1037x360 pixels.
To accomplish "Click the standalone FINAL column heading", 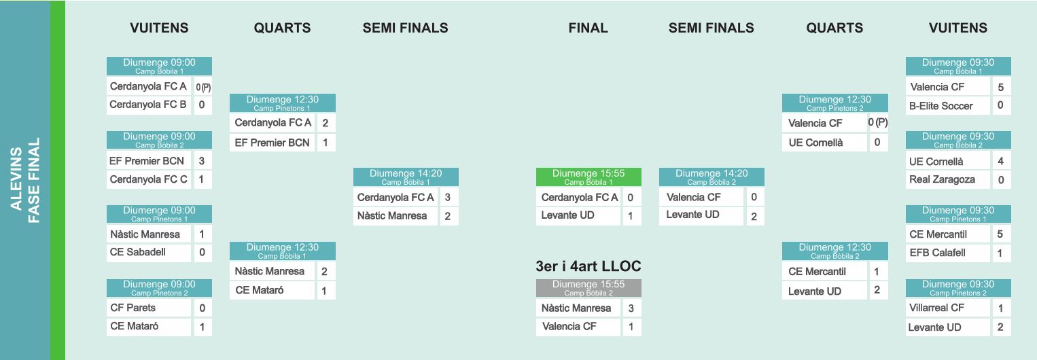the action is coord(588,28).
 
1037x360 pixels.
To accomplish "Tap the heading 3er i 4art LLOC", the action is coord(588,266).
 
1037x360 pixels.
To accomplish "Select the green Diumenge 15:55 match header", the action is coord(588,177).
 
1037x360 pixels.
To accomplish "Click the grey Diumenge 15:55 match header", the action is coord(588,288).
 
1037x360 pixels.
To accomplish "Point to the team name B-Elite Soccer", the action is coord(941,106).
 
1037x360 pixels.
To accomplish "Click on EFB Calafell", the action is coord(937,253).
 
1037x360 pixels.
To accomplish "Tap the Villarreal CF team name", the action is coord(936,308).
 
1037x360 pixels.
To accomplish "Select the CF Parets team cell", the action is coord(149,308).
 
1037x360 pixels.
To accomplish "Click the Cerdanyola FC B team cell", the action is coord(149,105).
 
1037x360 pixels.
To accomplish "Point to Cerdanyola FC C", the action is coord(148,179).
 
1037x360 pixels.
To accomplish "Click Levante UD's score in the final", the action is coord(631,215).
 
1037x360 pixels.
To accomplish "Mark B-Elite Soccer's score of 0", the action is coord(1000,105).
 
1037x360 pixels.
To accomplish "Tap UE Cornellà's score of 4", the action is coord(1000,161).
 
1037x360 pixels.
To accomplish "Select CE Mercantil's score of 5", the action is coord(1000,234).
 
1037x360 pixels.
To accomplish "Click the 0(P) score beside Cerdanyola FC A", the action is coord(203,86).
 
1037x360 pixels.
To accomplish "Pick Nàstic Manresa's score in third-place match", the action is coord(631,308).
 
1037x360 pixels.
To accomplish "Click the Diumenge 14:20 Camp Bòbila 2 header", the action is coord(711,177).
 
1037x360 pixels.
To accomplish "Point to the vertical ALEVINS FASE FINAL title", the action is coord(25,180).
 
